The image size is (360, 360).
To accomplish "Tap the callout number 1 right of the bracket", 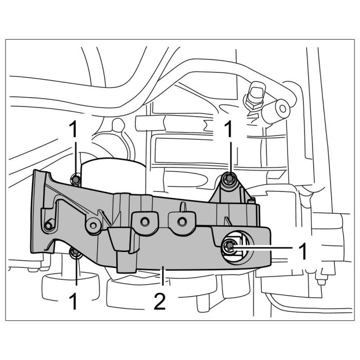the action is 304,251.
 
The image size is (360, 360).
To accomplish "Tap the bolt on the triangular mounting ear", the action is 229,179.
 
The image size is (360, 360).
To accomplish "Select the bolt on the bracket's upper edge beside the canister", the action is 76,179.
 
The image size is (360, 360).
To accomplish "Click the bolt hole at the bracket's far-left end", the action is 49,225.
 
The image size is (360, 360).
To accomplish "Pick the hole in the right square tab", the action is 181,221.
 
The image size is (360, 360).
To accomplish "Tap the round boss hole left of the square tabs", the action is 93,223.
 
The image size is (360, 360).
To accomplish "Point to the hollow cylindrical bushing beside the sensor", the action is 280,110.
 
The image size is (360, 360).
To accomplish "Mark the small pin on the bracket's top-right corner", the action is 252,197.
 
